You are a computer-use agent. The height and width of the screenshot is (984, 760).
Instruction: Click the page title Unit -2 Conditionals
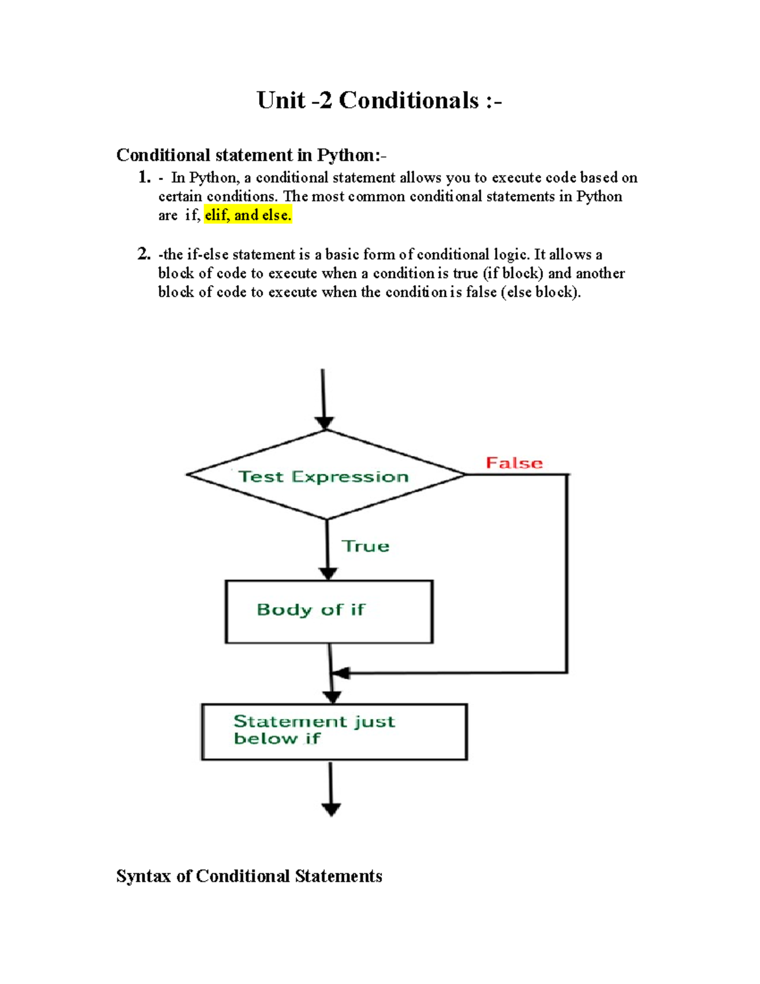379,101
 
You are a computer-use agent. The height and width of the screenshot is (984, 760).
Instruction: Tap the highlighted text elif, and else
248,215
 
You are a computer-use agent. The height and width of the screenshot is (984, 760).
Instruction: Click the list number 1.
144,177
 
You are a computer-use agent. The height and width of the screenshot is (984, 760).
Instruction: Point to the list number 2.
144,255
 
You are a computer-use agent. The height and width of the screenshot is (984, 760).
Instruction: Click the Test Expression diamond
326,475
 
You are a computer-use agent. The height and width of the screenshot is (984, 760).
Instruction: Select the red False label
514,463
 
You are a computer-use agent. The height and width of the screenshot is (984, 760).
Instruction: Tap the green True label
365,546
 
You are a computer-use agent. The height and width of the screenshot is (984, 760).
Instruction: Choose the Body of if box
329,611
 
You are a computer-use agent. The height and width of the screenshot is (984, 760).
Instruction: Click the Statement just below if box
334,731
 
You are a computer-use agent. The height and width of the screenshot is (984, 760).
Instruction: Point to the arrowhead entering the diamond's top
324,423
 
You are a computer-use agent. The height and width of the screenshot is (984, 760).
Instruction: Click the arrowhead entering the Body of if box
327,573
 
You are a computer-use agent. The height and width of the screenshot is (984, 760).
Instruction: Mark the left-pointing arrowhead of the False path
341,673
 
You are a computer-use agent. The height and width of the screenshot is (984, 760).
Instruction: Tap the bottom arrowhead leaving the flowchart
331,809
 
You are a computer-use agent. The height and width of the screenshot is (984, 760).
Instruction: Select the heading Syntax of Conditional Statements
249,876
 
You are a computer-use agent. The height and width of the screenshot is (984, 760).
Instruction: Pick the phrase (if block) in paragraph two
512,273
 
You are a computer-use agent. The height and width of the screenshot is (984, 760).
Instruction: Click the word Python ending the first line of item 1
598,196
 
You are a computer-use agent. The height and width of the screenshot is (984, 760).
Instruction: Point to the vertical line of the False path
566,573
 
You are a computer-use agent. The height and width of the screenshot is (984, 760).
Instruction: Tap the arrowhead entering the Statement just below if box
332,697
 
